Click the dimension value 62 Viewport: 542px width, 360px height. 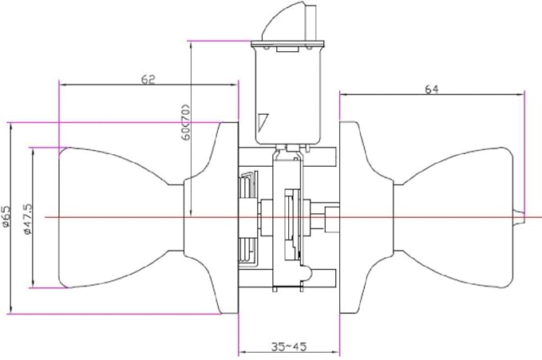(x=148, y=79)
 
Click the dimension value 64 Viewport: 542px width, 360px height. (x=431, y=89)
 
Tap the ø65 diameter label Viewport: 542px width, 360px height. (x=6, y=216)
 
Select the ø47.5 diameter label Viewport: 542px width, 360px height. (x=28, y=218)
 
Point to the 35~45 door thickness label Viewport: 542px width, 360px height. (x=289, y=346)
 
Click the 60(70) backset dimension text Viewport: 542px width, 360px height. (x=186, y=121)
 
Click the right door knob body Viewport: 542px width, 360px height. (x=453, y=218)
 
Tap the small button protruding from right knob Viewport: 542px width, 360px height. (x=519, y=218)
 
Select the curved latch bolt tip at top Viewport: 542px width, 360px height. (x=284, y=21)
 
